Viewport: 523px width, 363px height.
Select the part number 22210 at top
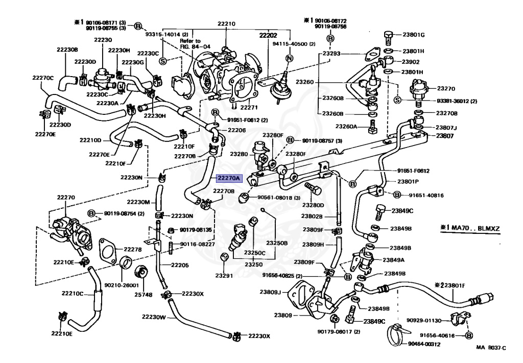(226, 23)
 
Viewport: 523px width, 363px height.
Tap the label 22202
(268, 36)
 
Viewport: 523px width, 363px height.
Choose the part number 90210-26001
(118, 285)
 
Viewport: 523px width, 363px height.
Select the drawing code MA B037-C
(491, 348)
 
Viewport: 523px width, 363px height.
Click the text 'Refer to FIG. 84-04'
(190, 43)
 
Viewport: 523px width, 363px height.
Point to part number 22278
(133, 249)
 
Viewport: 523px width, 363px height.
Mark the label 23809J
(271, 293)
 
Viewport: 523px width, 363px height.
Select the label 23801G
(414, 35)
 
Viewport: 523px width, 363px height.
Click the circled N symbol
(288, 58)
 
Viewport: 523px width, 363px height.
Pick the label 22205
(180, 265)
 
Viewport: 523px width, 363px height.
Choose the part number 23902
(411, 62)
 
